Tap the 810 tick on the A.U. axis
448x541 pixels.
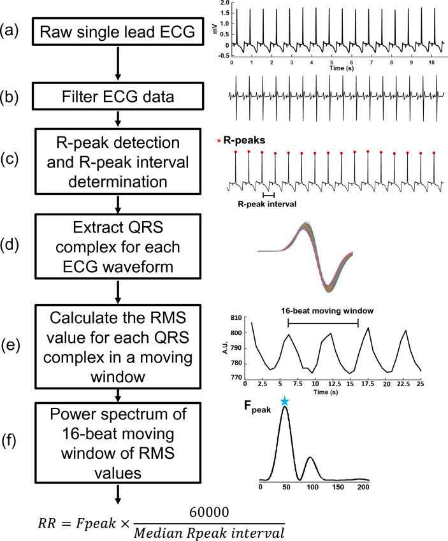click(x=235, y=317)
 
